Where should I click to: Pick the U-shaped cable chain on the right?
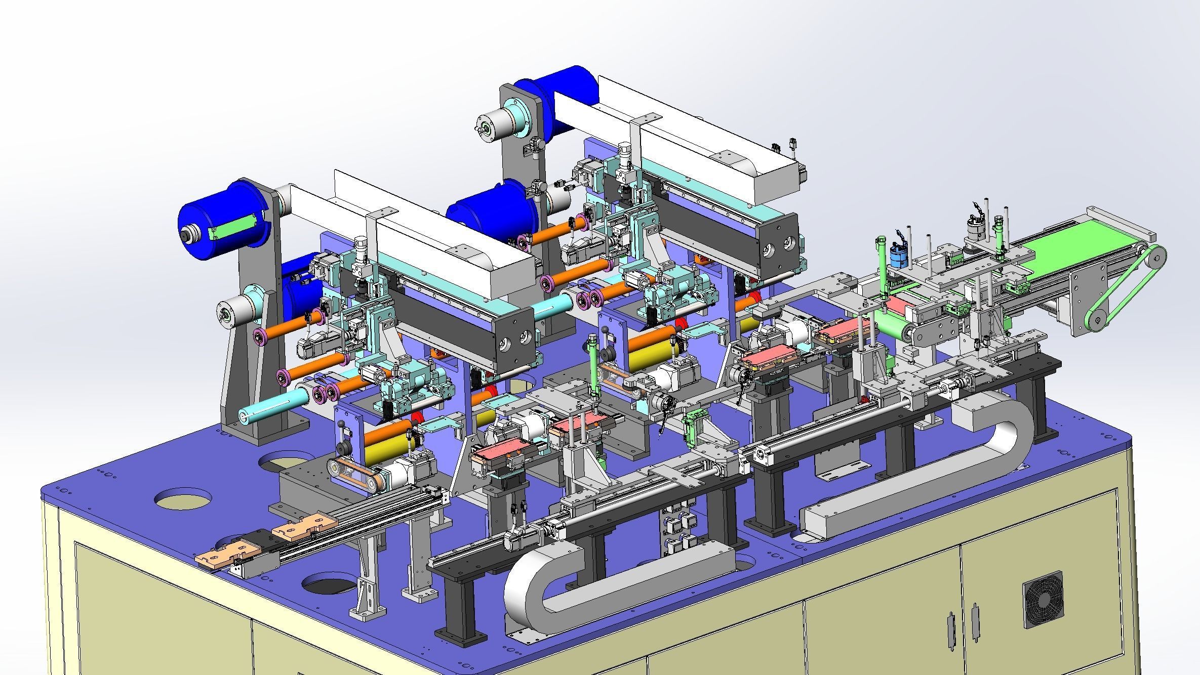[x=992, y=455]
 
